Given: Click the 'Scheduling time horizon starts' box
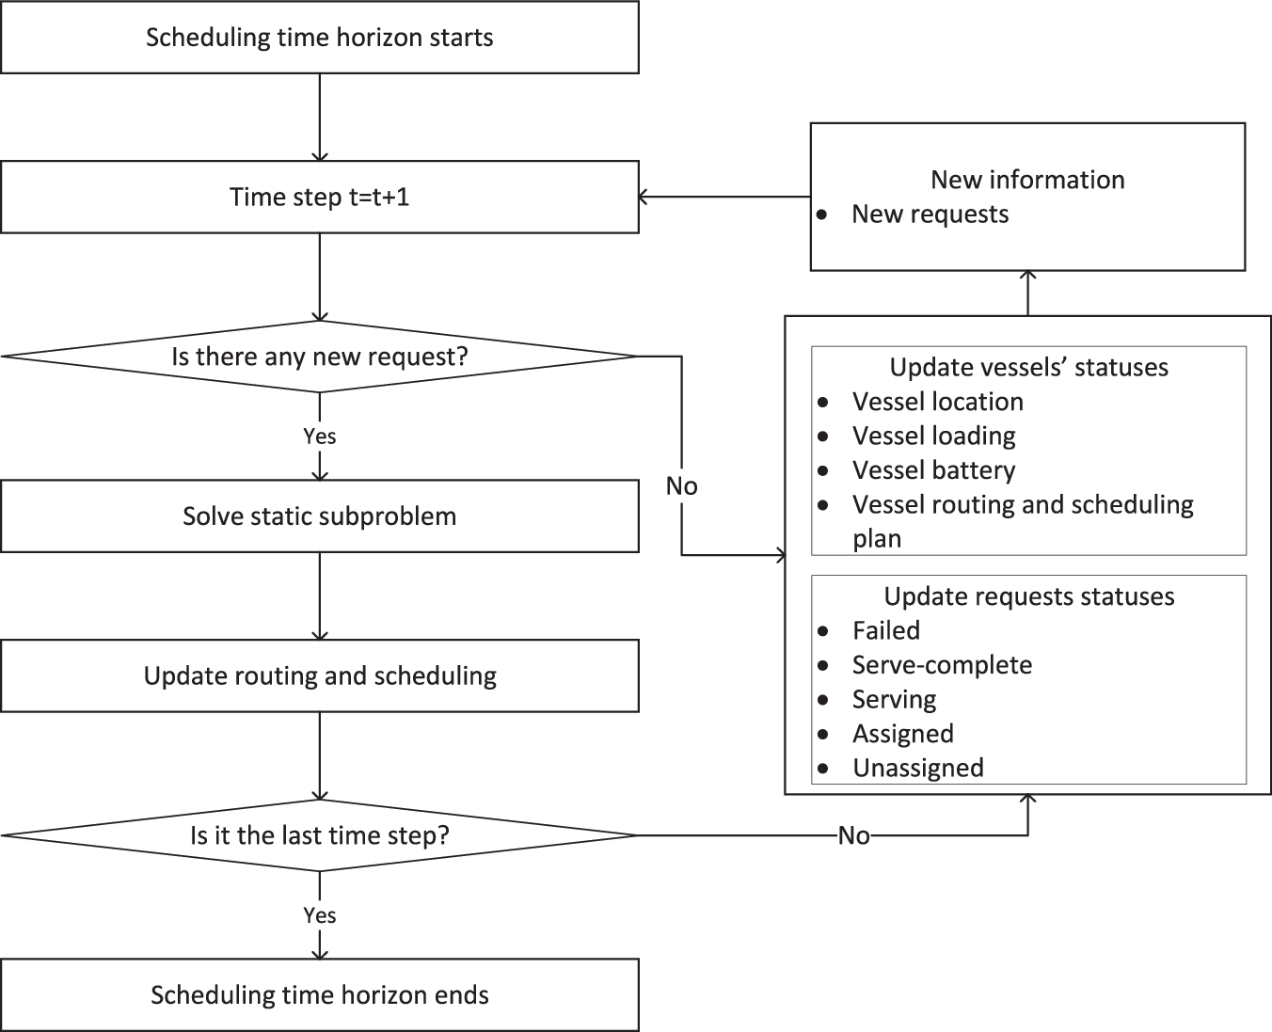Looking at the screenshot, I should (x=320, y=38).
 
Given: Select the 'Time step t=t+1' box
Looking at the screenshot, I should (x=320, y=198).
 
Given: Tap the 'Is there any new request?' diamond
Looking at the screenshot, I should (x=320, y=357).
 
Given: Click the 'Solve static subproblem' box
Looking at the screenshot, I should (x=320, y=516).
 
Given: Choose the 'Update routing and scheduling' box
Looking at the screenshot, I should (x=320, y=675).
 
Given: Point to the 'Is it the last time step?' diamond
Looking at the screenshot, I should (x=320, y=835).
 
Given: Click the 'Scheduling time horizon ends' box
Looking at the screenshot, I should (x=320, y=995).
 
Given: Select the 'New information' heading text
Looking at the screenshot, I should (x=1027, y=180).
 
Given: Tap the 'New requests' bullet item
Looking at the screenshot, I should (x=930, y=214).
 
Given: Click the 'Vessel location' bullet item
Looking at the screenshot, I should (x=937, y=402).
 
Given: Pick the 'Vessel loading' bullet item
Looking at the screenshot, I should (x=933, y=436).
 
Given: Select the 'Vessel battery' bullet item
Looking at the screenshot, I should (x=933, y=470).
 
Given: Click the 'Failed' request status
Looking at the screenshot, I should (x=885, y=630).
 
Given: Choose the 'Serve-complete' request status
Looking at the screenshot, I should (x=942, y=665).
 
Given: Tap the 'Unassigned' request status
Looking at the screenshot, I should (x=917, y=768).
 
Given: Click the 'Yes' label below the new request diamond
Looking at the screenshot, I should (x=320, y=437).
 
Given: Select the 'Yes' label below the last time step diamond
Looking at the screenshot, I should (x=320, y=915).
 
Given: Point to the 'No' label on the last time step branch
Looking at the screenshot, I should (x=853, y=835).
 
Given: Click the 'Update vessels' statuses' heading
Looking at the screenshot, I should (x=1028, y=367).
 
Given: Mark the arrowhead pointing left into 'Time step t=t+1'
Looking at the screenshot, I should (x=644, y=197).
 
